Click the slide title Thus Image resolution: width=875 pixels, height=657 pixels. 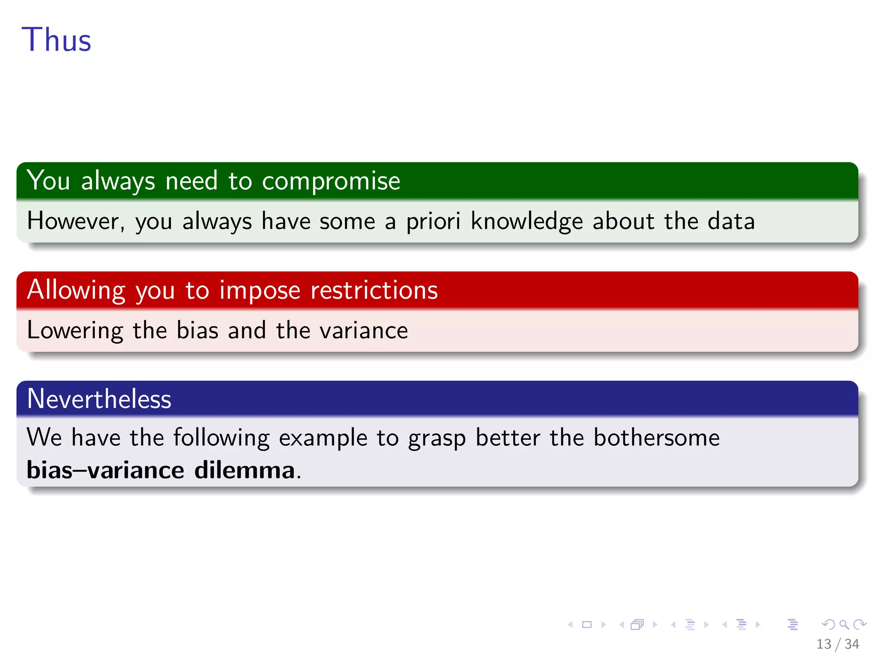click(x=56, y=40)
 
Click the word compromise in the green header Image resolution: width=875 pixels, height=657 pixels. click(x=331, y=181)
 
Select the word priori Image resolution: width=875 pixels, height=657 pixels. click(x=433, y=222)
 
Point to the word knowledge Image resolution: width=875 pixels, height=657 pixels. click(x=526, y=222)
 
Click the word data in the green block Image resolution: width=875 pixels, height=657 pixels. click(x=731, y=221)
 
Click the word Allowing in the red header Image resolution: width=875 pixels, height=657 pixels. click(x=76, y=290)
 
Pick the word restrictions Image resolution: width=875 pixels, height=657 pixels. click(x=374, y=290)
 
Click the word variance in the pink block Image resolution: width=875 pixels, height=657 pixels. click(x=364, y=331)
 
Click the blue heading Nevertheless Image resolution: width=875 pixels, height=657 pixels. click(x=99, y=399)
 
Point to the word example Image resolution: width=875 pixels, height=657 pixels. click(x=323, y=438)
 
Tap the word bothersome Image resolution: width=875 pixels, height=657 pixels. click(x=656, y=438)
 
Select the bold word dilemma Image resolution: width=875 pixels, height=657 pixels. click(x=244, y=470)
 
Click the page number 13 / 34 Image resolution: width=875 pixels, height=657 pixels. click(x=837, y=644)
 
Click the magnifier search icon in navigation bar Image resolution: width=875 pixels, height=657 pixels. click(x=844, y=624)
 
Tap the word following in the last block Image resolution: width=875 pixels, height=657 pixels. click(x=221, y=438)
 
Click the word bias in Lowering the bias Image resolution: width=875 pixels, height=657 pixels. click(x=197, y=331)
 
